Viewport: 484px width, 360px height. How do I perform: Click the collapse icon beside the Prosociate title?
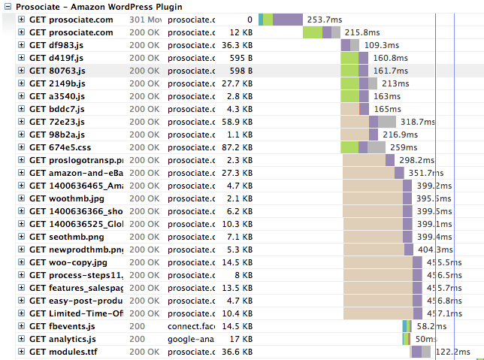tap(8, 7)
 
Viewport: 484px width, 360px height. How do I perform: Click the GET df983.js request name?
tap(57, 45)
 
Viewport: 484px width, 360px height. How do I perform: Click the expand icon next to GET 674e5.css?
tap(21, 147)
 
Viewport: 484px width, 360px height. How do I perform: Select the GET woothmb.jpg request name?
tap(67, 198)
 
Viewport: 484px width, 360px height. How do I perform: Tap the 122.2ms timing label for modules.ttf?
tap(452, 352)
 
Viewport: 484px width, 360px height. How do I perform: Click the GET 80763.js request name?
tap(57, 71)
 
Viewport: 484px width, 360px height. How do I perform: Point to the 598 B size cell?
tap(240, 71)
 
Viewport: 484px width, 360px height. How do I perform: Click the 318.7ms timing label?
tap(418, 122)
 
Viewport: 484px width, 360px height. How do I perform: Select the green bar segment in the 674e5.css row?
tap(349, 147)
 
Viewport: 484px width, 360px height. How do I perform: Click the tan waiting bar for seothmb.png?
tap(373, 237)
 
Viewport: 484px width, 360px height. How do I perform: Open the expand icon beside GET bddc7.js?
tap(21, 109)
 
